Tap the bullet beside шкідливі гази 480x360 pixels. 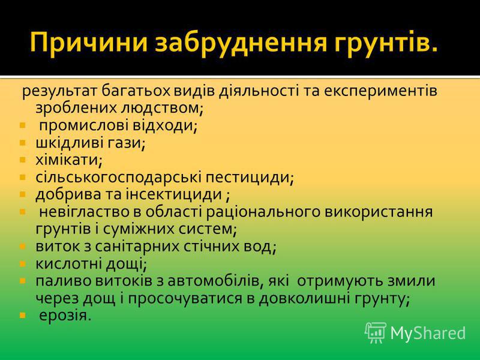(22, 143)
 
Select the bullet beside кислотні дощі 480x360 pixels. (22, 263)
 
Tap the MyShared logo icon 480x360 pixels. (376, 332)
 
